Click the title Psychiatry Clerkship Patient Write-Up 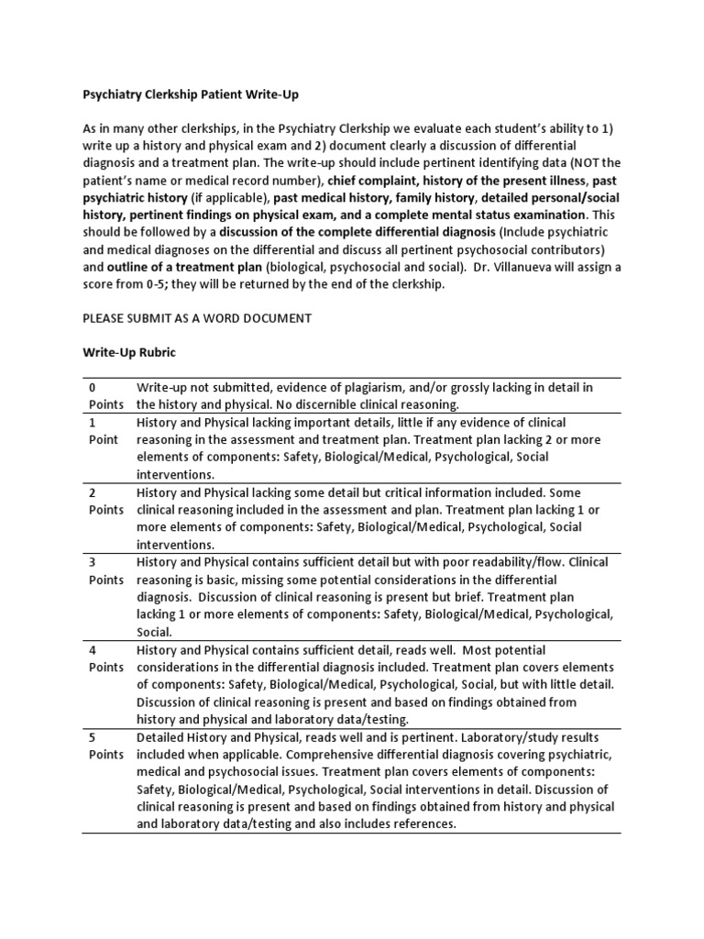coord(191,94)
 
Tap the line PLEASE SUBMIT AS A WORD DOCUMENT coord(197,318)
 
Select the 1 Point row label coord(103,431)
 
